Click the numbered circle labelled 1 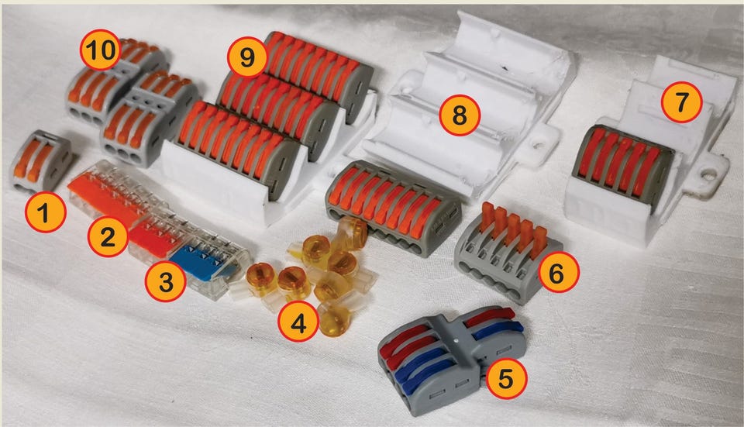pyautogui.click(x=45, y=212)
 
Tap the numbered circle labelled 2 pyautogui.click(x=108, y=236)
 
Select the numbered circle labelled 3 pyautogui.click(x=166, y=281)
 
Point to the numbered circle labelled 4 pyautogui.click(x=298, y=324)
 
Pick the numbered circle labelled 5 pyautogui.click(x=506, y=379)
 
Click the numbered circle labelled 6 pyautogui.click(x=556, y=272)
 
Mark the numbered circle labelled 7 pyautogui.click(x=682, y=102)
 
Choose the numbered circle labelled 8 pyautogui.click(x=460, y=115)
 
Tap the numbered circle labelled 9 pyautogui.click(x=248, y=57)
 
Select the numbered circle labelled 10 pyautogui.click(x=101, y=49)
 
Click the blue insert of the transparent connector pyautogui.click(x=204, y=261)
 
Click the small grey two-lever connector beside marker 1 pyautogui.click(x=41, y=160)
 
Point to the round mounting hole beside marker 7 pyautogui.click(x=709, y=176)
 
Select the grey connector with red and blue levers pyautogui.click(x=451, y=358)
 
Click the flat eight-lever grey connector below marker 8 pyautogui.click(x=393, y=207)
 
